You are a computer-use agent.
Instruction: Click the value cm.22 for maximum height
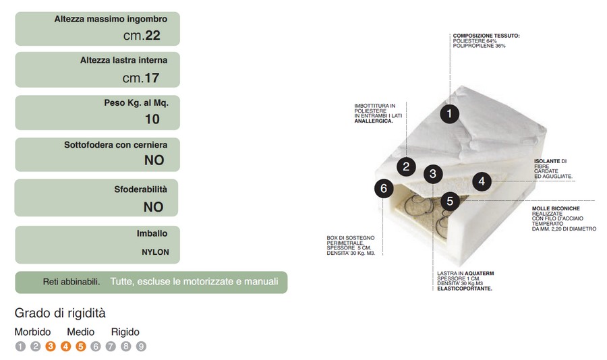[142, 35]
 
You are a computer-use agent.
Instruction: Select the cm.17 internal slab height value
[141, 78]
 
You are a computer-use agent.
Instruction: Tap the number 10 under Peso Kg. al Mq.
[152, 119]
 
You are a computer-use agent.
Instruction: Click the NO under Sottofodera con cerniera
[154, 160]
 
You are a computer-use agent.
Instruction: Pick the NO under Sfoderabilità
[153, 207]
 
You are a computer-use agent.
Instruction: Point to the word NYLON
[155, 252]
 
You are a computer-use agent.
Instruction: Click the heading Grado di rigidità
[60, 313]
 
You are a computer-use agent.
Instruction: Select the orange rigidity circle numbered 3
[51, 346]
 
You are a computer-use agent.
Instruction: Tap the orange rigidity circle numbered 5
[80, 346]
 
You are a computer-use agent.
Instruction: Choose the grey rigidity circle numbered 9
[141, 346]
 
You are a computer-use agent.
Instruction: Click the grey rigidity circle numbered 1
[20, 346]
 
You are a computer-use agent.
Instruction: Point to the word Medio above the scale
[80, 332]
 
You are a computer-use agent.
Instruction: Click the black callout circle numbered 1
[449, 114]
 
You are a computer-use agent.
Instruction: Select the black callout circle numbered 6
[384, 189]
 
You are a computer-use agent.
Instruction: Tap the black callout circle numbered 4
[482, 181]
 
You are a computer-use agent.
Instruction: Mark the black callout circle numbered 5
[450, 202]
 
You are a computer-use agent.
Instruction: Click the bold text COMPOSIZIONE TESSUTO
[486, 36]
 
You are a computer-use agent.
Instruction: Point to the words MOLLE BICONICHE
[556, 208]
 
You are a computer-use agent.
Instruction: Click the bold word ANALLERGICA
[374, 121]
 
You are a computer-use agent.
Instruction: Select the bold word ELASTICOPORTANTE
[465, 289]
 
